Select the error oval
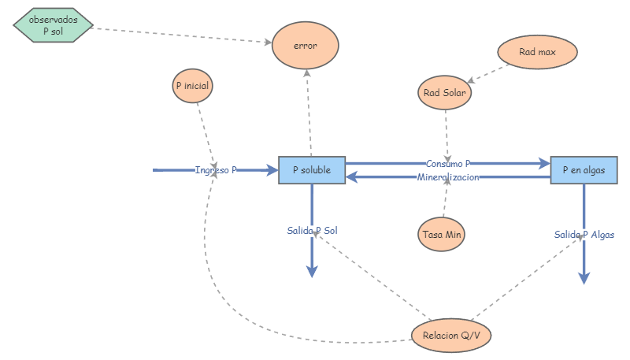click(x=306, y=46)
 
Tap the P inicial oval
click(x=194, y=85)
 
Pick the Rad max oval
click(x=538, y=52)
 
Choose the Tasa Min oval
click(x=442, y=234)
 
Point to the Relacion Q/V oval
click(x=451, y=335)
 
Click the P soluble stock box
click(x=312, y=170)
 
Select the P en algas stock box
click(x=584, y=170)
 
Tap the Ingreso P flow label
click(x=216, y=170)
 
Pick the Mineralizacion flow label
click(x=447, y=177)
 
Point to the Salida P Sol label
click(x=312, y=231)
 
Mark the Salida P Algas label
click(x=584, y=234)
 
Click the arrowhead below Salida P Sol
click(x=312, y=271)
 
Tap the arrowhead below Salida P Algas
click(x=584, y=277)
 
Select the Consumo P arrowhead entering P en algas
click(x=544, y=164)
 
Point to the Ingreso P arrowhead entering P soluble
click(x=272, y=170)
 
